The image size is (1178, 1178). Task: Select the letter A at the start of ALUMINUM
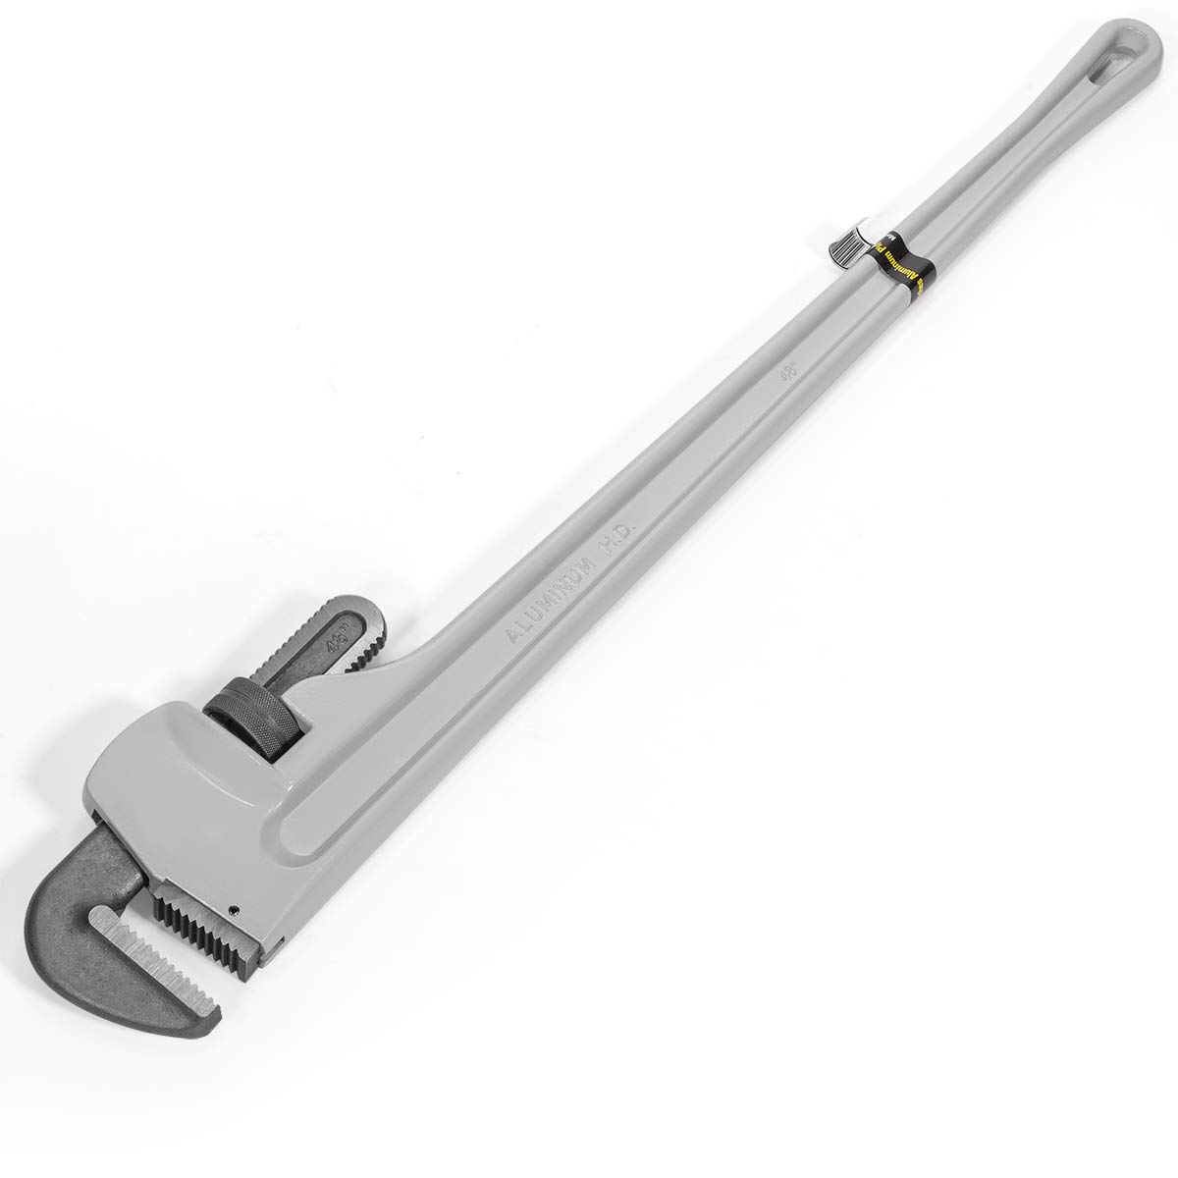tap(511, 635)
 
